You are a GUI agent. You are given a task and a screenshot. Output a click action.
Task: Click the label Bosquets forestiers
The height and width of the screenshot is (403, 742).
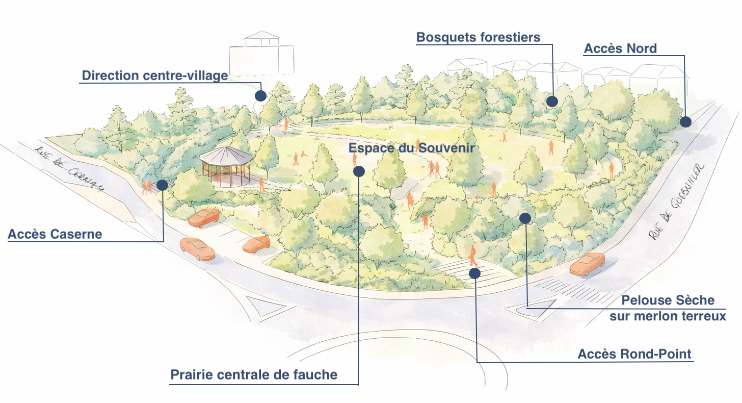click(478, 37)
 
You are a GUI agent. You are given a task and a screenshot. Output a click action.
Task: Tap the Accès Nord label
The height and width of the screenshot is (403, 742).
click(620, 48)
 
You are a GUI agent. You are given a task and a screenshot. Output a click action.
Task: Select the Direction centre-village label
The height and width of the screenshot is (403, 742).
click(154, 76)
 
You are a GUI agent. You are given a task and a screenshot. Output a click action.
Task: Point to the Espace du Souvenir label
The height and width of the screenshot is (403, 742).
click(411, 148)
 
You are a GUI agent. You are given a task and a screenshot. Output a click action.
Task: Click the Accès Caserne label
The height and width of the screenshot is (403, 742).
click(55, 234)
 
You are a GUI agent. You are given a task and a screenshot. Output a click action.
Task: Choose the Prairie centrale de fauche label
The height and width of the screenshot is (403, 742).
click(254, 375)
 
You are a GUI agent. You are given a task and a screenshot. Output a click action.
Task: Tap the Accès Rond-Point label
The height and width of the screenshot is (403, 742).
click(634, 354)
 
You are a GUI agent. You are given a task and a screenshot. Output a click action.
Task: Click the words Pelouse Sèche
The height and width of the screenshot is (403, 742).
click(668, 300)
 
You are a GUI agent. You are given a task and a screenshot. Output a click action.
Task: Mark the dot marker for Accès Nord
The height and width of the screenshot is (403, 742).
click(685, 121)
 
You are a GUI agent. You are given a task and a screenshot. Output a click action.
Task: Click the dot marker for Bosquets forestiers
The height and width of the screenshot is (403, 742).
click(552, 101)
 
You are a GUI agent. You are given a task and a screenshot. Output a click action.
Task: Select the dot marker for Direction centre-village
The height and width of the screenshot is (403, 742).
click(261, 95)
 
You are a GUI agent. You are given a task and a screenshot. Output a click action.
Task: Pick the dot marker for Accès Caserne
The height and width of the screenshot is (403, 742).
click(163, 185)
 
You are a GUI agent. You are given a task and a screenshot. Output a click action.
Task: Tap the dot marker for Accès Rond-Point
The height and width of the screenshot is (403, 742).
click(475, 273)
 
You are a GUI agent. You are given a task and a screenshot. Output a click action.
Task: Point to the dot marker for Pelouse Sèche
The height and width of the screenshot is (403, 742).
click(525, 218)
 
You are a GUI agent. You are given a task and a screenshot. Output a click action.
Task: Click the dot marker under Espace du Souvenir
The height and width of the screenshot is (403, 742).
click(359, 171)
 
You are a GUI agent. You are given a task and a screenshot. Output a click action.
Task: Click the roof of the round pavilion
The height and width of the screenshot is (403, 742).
click(226, 155)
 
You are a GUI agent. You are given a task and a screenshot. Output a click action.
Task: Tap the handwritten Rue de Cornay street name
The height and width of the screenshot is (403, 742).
click(71, 169)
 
